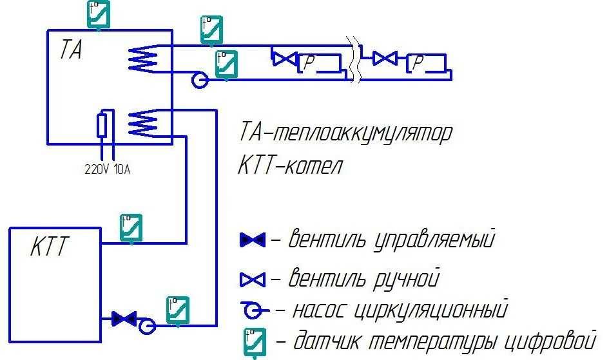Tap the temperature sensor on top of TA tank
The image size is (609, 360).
tap(98, 14)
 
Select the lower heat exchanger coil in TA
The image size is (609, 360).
tap(142, 121)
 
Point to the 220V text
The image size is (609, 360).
tap(97, 170)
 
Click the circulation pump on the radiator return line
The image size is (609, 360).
tap(199, 80)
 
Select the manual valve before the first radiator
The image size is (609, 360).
tap(282, 59)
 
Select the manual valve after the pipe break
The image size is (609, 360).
tap(385, 59)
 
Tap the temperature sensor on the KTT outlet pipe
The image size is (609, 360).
tap(131, 227)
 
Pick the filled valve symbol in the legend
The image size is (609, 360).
tap(252, 241)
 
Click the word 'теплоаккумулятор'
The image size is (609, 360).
tap(362, 133)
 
